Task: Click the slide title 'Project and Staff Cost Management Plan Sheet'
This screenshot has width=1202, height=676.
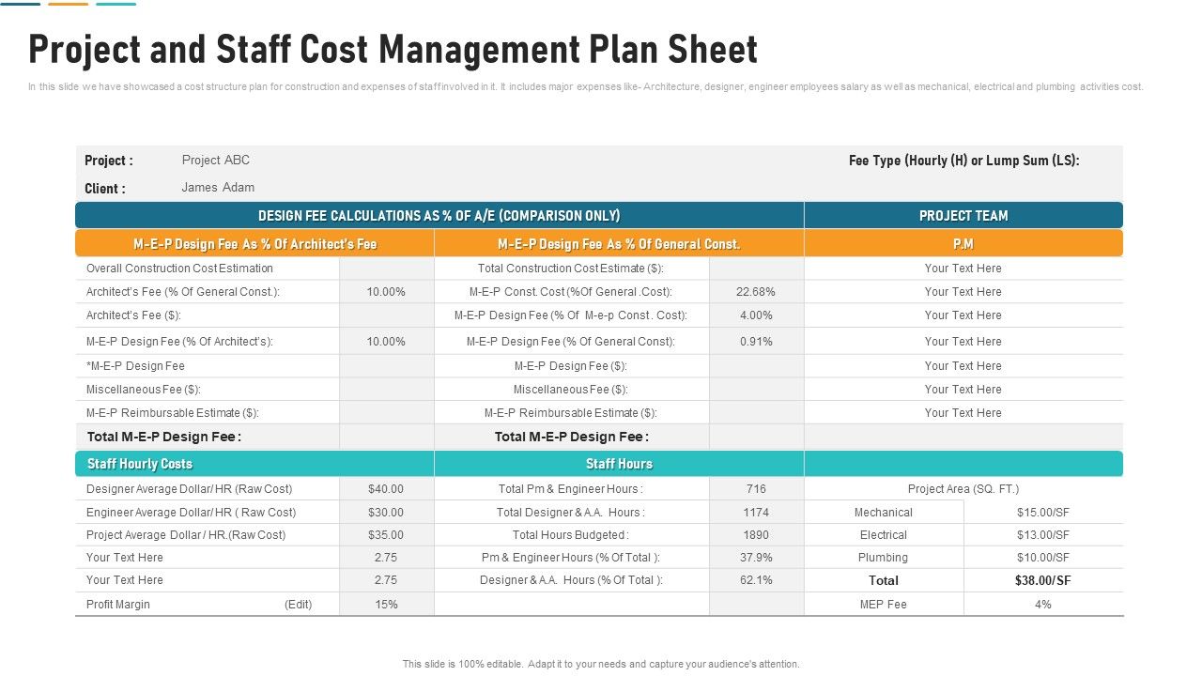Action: (x=393, y=50)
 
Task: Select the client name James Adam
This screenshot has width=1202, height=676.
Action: (x=218, y=187)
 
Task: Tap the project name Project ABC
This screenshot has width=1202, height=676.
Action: (x=216, y=160)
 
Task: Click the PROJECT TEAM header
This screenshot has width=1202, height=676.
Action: (x=963, y=216)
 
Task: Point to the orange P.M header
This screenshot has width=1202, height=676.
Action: (x=963, y=244)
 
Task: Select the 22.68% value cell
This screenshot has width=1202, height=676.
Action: (x=756, y=292)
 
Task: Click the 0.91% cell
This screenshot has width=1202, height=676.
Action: (x=756, y=342)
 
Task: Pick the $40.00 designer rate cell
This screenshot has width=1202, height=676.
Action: (x=386, y=489)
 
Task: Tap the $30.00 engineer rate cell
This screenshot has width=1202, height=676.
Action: (x=386, y=513)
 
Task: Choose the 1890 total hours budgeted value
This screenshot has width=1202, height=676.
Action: (x=756, y=535)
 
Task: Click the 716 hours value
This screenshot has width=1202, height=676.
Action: (x=756, y=489)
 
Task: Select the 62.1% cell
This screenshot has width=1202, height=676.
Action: (x=756, y=580)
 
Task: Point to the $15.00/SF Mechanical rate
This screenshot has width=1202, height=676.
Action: (x=1043, y=513)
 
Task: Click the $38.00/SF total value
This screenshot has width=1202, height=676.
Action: (x=1043, y=581)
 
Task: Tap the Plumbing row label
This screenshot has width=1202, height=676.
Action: (x=884, y=558)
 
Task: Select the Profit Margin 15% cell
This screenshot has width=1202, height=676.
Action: (x=386, y=605)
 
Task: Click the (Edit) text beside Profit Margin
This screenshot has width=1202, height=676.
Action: (x=299, y=605)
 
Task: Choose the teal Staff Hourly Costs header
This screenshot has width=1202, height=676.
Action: (x=140, y=464)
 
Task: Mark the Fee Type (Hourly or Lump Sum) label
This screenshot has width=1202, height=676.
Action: (x=964, y=161)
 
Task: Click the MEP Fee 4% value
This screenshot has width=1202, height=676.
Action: (x=1043, y=605)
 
